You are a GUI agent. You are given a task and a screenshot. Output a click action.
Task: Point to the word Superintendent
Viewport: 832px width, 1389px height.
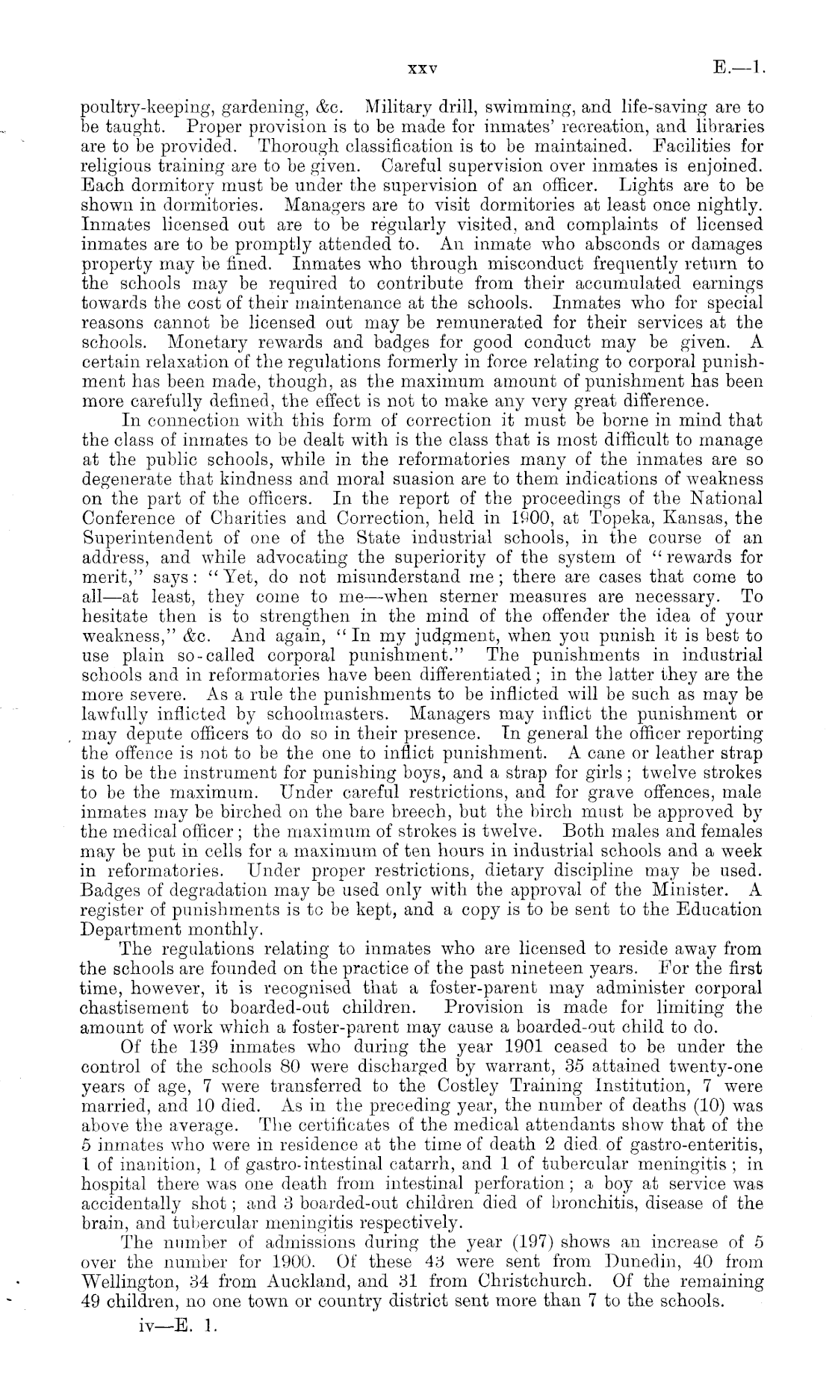coord(149,537)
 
